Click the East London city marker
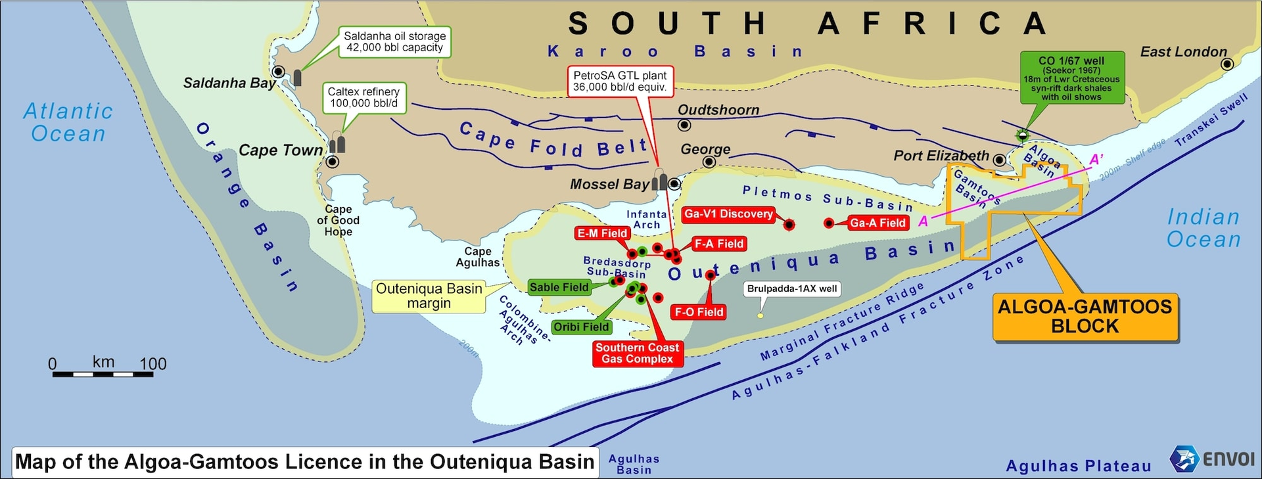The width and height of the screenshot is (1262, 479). pyautogui.click(x=1227, y=64)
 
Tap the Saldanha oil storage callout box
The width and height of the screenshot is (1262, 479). pyautogui.click(x=394, y=42)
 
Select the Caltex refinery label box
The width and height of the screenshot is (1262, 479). pyautogui.click(x=363, y=97)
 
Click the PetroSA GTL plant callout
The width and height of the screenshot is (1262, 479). pyautogui.click(x=620, y=81)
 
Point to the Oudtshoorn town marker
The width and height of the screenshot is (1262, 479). pyautogui.click(x=684, y=125)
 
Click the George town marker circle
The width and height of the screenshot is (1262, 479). pyautogui.click(x=709, y=162)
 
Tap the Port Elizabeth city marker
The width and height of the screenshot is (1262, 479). pyautogui.click(x=999, y=160)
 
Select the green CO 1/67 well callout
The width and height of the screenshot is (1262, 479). pyautogui.click(x=1071, y=78)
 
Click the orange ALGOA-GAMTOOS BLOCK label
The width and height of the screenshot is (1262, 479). pyautogui.click(x=1085, y=317)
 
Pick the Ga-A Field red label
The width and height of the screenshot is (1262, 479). pyautogui.click(x=877, y=223)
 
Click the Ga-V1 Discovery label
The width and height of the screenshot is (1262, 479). pyautogui.click(x=728, y=214)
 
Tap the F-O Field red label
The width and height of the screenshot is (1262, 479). pyautogui.click(x=699, y=312)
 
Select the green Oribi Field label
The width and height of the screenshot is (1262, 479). pyautogui.click(x=581, y=327)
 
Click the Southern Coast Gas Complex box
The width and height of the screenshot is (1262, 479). pyautogui.click(x=637, y=353)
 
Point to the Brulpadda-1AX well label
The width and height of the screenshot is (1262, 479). pyautogui.click(x=792, y=288)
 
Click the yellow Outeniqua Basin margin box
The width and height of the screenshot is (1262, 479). pyautogui.click(x=429, y=296)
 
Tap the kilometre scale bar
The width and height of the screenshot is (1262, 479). pyautogui.click(x=103, y=374)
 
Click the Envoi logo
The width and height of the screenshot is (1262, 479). pyautogui.click(x=1213, y=459)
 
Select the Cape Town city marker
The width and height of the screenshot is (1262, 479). pyautogui.click(x=333, y=162)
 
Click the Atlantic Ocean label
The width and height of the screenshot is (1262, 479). pyautogui.click(x=68, y=122)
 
